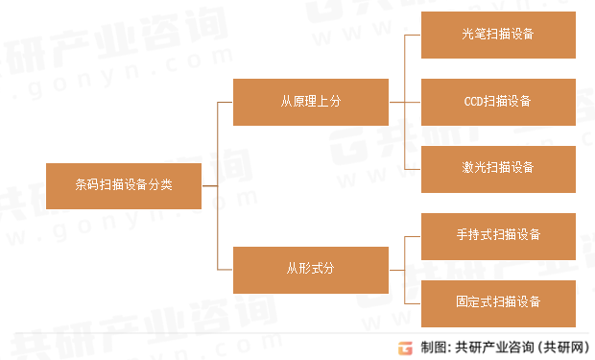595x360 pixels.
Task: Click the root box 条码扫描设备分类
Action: coord(124,185)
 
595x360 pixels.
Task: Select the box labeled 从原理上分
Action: coord(311,102)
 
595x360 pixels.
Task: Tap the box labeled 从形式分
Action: coord(311,270)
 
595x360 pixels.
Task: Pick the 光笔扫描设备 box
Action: coord(498,35)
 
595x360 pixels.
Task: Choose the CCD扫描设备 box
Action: coord(498,102)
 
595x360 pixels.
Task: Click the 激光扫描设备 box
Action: coord(498,169)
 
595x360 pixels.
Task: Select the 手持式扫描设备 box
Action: coord(498,236)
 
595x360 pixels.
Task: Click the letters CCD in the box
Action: coord(474,102)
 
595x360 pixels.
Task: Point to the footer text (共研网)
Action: coord(560,347)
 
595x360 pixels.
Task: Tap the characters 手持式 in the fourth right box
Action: coord(473,236)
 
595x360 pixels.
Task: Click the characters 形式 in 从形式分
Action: coord(311,270)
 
